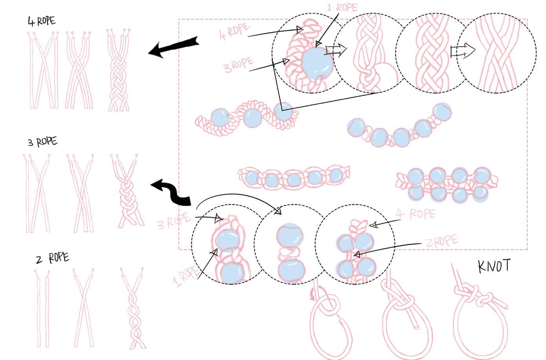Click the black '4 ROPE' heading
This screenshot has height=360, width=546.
coord(41,21)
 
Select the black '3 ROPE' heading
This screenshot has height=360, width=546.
coord(42,141)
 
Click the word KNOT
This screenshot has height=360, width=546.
coord(494,266)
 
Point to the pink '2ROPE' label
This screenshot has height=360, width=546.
coord(442,241)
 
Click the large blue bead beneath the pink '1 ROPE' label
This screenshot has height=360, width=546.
coord(317,64)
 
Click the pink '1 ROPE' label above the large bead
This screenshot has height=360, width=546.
coord(341,8)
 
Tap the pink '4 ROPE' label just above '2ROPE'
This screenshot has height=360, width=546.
coord(416,214)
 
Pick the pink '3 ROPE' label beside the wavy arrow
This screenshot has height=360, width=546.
coord(173,221)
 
